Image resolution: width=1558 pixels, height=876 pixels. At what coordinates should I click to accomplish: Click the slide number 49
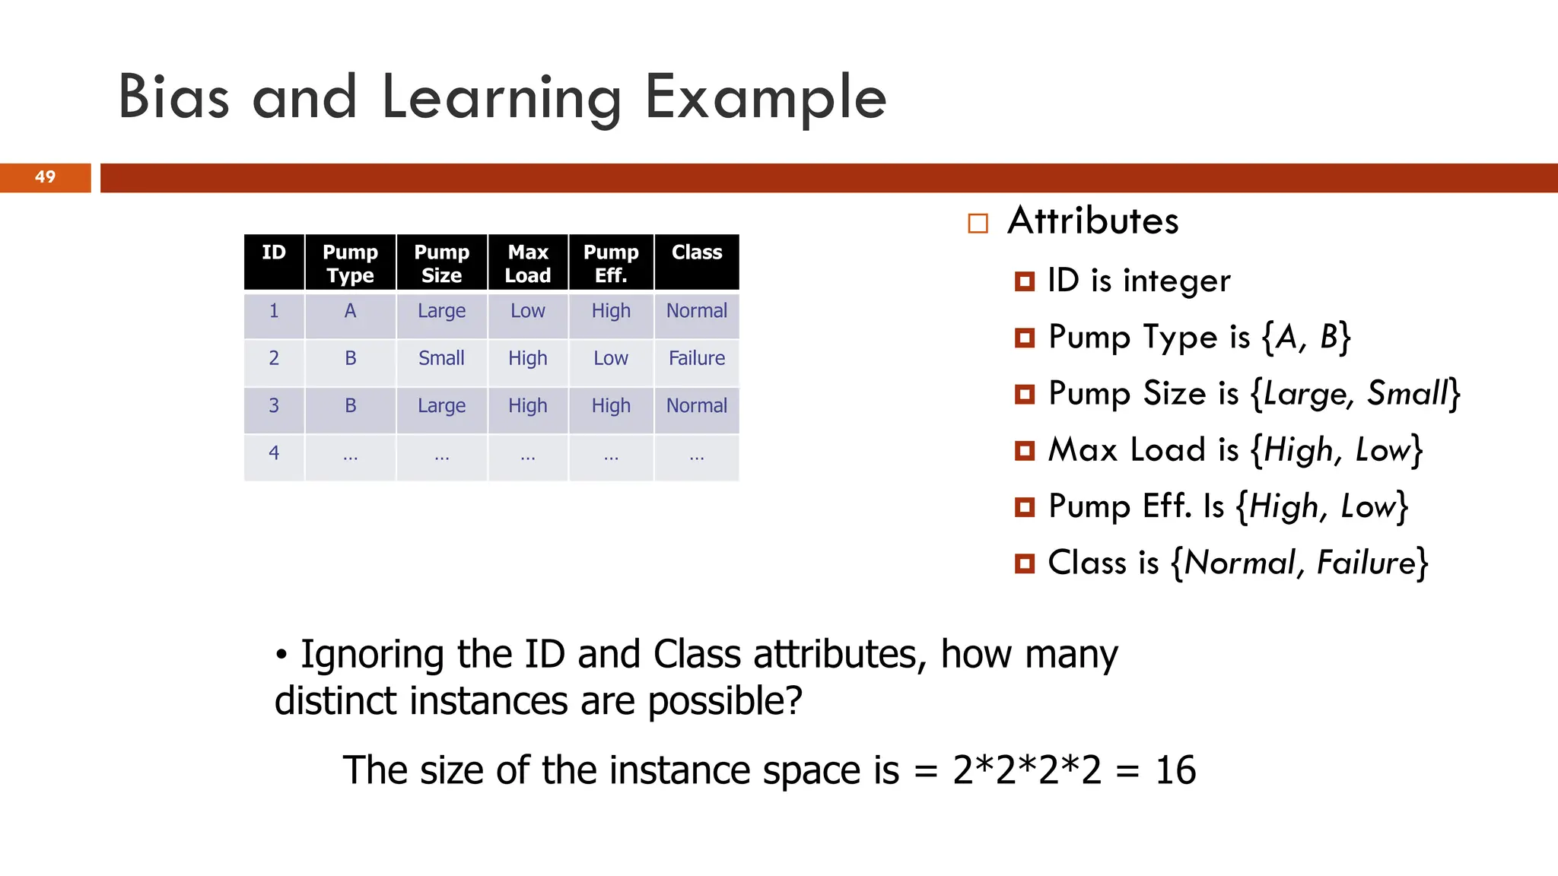tap(45, 177)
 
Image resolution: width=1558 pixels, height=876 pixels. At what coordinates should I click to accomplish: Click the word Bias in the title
tap(173, 97)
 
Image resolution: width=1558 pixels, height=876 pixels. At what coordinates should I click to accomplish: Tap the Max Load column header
tap(528, 263)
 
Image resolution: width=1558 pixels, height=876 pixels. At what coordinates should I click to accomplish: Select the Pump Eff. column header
tap(611, 263)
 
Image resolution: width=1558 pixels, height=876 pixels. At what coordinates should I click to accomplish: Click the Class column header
tap(697, 252)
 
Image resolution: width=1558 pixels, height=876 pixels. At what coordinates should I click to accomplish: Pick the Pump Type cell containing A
tap(350, 311)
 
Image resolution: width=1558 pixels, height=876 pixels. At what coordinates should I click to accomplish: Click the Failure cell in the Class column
tap(697, 358)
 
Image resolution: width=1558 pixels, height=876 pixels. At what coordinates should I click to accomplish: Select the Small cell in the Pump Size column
tap(441, 358)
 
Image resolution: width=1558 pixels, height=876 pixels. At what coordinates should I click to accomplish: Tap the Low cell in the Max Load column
tap(528, 311)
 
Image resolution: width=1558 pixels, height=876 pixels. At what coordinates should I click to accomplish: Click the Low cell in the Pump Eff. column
tap(611, 358)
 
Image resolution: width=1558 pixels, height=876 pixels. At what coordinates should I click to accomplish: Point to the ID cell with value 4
tap(274, 453)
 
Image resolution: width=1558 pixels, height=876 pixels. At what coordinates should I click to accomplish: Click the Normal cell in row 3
tap(697, 406)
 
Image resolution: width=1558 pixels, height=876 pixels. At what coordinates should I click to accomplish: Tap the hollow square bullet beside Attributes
tap(978, 223)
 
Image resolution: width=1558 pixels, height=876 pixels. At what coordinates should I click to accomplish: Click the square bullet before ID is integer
tap(1025, 281)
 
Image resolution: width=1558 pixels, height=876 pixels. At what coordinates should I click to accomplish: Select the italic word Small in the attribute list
tap(1408, 394)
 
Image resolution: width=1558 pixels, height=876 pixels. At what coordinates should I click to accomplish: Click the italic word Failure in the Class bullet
tap(1366, 563)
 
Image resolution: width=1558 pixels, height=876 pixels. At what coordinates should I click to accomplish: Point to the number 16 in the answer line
tap(1175, 770)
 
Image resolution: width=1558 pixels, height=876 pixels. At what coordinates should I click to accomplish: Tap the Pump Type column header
tap(350, 263)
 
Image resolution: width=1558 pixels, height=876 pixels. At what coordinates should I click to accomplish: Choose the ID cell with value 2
tap(274, 358)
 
